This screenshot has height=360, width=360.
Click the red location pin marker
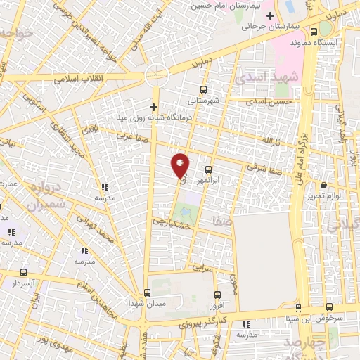[181, 165]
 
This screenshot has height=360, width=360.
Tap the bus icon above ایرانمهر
[208, 169]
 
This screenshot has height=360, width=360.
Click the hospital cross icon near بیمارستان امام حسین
[270, 15]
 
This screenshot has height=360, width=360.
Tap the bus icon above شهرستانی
[203, 89]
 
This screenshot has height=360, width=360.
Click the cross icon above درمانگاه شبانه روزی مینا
[153, 106]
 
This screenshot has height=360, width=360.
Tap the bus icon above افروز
[217, 295]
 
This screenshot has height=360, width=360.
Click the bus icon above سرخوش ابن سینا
[299, 308]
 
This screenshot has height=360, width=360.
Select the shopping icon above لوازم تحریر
[324, 185]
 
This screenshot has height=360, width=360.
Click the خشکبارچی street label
[172, 222]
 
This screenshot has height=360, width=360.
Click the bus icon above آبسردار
[24, 272]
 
